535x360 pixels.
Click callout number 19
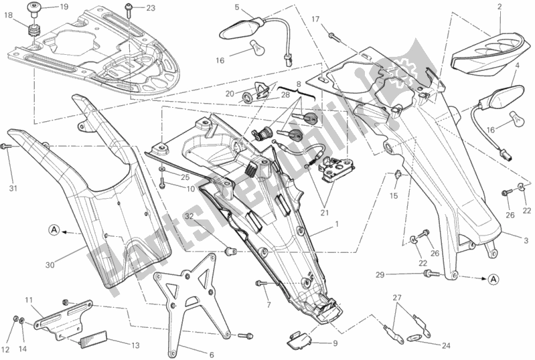point(64,8)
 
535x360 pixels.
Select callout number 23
point(151,9)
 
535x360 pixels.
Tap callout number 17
point(315,19)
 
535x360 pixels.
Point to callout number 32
point(190,216)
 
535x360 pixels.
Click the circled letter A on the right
point(493,278)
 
